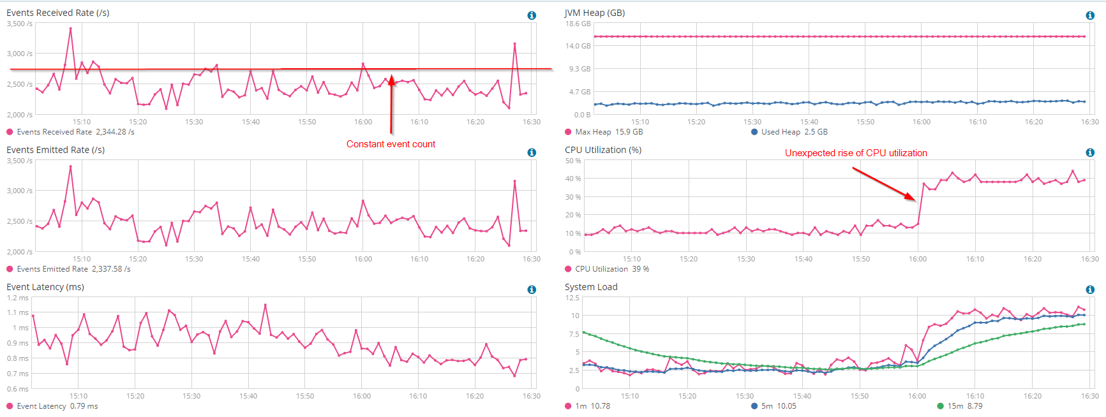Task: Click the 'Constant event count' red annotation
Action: (391, 144)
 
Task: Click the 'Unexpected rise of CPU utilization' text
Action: (856, 153)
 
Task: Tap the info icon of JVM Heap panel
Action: (1090, 15)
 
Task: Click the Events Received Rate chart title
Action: (57, 13)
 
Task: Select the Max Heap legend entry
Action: (604, 132)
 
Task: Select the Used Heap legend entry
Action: (789, 132)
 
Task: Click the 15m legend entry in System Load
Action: (960, 406)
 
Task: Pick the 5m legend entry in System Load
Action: (773, 406)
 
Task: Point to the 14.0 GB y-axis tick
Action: (578, 46)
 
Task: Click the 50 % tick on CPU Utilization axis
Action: (573, 161)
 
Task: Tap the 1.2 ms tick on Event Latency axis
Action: (18, 298)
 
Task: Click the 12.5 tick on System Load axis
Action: (572, 298)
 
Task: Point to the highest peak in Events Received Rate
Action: (70, 29)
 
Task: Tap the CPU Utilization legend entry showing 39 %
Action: (607, 269)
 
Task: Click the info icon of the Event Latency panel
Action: (532, 289)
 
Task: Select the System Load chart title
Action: (591, 287)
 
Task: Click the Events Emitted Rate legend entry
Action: (68, 269)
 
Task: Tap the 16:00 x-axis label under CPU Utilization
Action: (918, 259)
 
